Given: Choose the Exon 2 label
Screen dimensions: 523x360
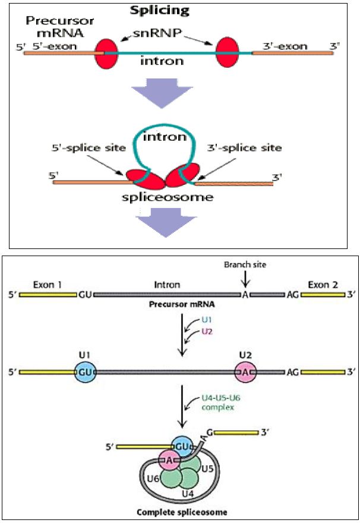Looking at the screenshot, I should coord(323,285).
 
